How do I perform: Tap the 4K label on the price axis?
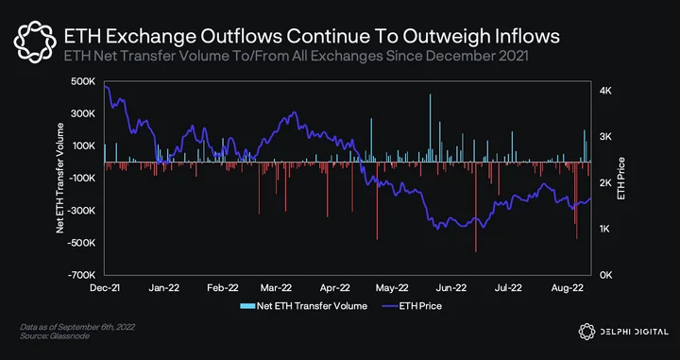click(605, 91)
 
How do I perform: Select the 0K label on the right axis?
click(605, 275)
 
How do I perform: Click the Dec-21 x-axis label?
click(105, 287)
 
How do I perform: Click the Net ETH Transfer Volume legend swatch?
click(247, 306)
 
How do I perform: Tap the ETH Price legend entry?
click(412, 306)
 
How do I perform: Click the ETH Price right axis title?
click(621, 179)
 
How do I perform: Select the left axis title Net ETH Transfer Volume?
click(59, 179)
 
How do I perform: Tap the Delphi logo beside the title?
click(35, 42)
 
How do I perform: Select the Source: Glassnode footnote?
click(55, 336)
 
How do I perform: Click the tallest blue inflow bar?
click(431, 128)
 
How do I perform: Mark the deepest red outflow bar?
click(476, 207)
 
